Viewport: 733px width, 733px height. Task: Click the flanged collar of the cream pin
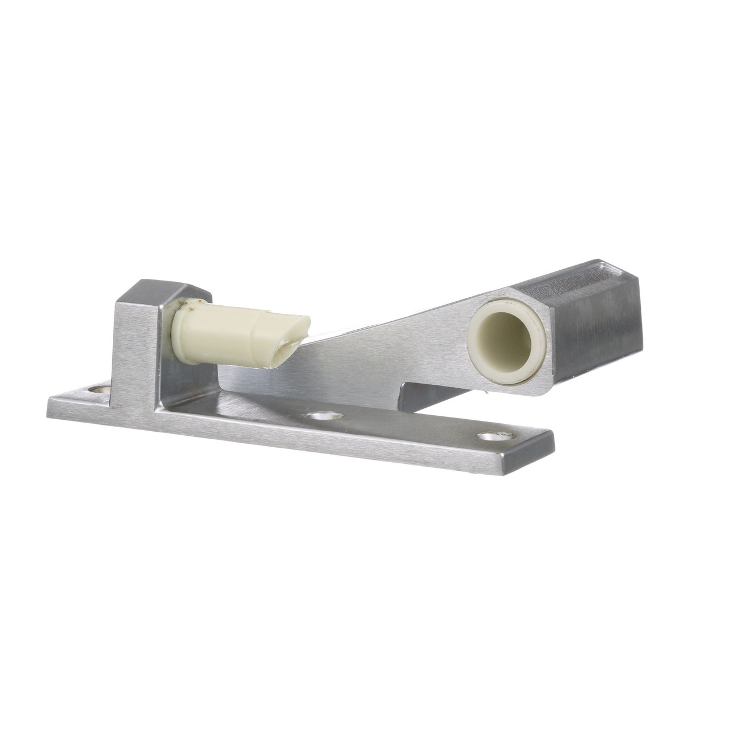coord(182,333)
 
